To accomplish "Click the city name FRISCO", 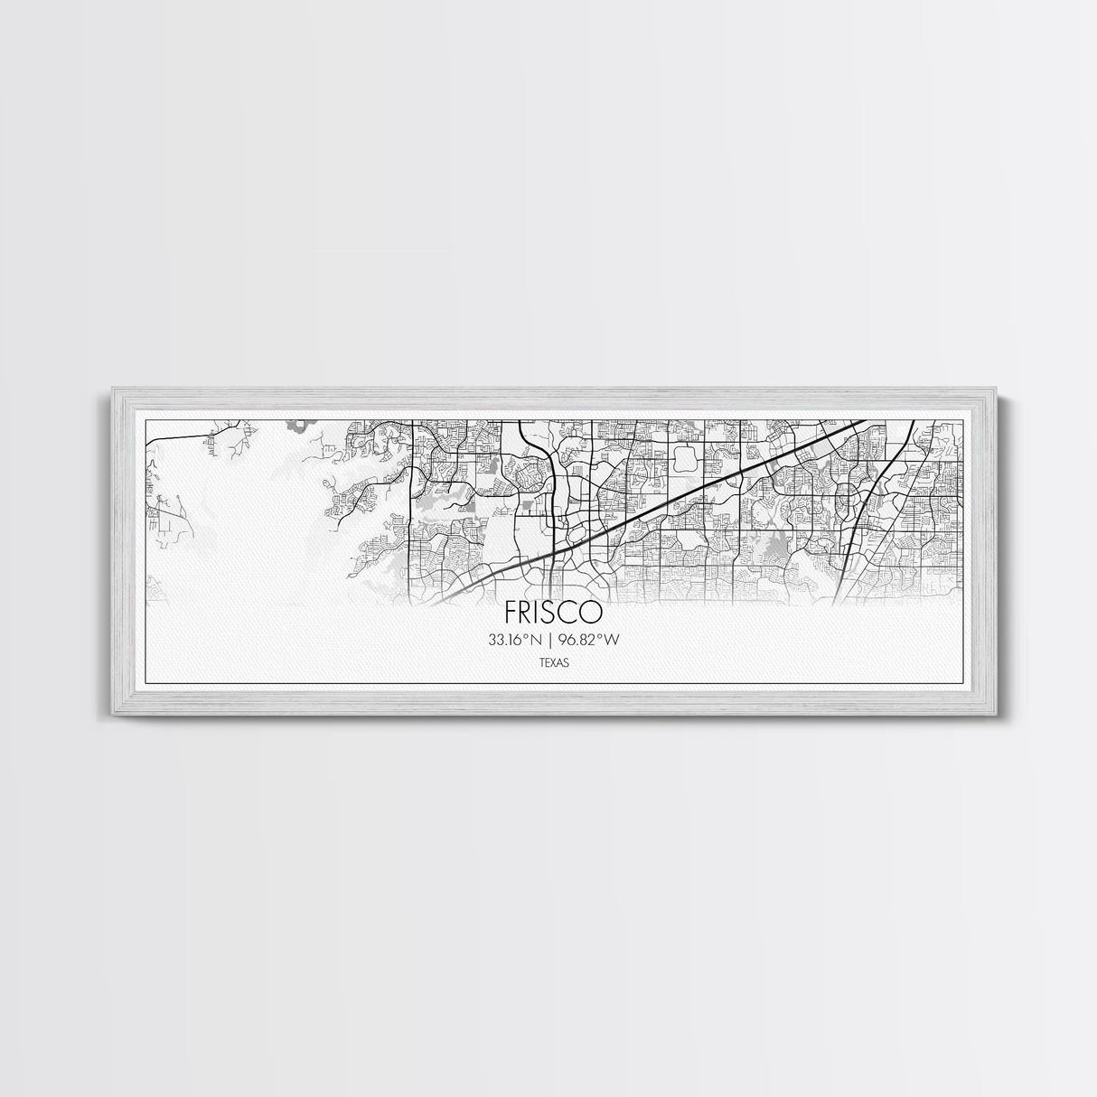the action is click(x=554, y=613).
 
